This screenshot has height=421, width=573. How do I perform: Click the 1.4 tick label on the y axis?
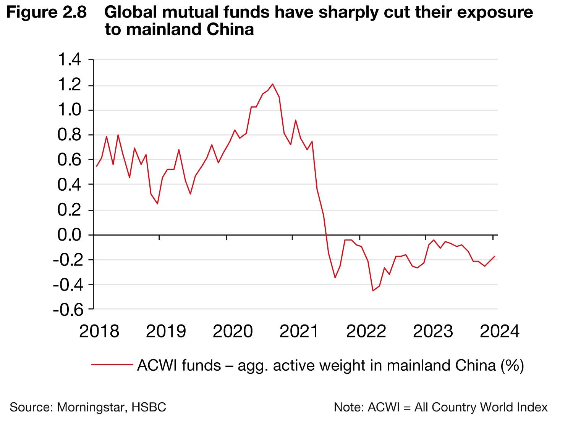point(69,60)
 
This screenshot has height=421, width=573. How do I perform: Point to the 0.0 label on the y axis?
point(69,235)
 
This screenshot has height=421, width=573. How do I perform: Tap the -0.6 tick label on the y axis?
point(68,310)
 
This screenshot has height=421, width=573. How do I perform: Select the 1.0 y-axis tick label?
point(69,110)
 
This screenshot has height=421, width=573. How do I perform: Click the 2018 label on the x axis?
point(99,331)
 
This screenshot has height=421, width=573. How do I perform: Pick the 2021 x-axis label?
point(299,331)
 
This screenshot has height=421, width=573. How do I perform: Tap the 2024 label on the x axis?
point(499,331)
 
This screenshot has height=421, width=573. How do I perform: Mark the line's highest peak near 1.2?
point(272,84)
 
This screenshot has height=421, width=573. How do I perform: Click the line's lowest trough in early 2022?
point(373,291)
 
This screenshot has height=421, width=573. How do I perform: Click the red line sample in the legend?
point(112,365)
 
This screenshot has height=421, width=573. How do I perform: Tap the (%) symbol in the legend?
point(512,365)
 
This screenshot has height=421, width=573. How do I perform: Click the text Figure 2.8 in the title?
point(47,13)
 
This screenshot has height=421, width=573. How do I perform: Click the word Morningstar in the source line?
point(91,407)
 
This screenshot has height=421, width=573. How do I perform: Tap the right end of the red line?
point(495,256)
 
